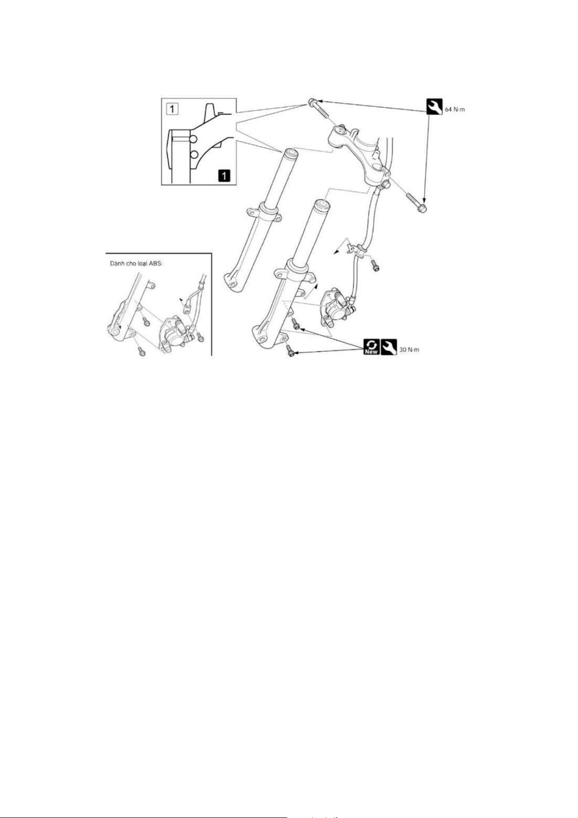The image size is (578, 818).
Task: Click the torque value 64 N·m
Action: pyautogui.click(x=455, y=109)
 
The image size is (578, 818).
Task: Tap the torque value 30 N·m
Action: pyautogui.click(x=409, y=350)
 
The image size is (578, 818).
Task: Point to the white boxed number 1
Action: pyautogui.click(x=172, y=108)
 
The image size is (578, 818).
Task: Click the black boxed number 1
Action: pyautogui.click(x=224, y=175)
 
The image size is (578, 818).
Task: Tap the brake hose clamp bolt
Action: pyautogui.click(x=375, y=265)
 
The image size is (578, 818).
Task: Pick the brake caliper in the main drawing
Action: pyautogui.click(x=337, y=305)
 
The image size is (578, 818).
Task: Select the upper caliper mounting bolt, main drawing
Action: pyautogui.click(x=296, y=322)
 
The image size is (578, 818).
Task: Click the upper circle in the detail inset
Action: pyautogui.click(x=193, y=139)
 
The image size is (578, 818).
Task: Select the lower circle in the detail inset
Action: pyautogui.click(x=193, y=154)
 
